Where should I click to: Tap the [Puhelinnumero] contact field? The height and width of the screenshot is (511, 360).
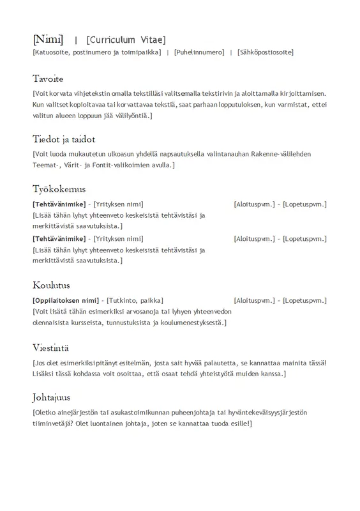click(x=199, y=52)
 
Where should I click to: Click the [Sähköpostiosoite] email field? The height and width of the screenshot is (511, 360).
click(x=265, y=52)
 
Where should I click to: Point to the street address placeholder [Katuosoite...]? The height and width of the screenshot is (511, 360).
click(x=96, y=52)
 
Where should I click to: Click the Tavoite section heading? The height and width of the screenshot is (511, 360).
click(x=48, y=79)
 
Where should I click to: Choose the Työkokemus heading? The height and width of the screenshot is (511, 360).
click(x=59, y=189)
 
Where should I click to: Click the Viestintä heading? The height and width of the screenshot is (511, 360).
click(x=51, y=348)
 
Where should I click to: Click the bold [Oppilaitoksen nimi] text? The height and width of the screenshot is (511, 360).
click(x=66, y=300)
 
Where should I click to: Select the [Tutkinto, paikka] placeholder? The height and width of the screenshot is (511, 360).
click(x=135, y=300)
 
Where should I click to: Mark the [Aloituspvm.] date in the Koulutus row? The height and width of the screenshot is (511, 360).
click(x=254, y=300)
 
